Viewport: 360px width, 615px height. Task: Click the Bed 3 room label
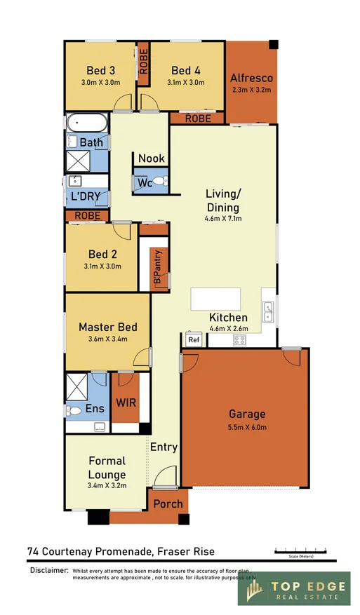(x=101, y=70)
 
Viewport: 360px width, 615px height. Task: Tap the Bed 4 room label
(x=185, y=70)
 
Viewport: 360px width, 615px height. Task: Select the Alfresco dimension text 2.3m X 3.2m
(x=251, y=90)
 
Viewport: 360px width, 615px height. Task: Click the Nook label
(x=151, y=158)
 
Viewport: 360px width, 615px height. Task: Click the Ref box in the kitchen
(x=194, y=340)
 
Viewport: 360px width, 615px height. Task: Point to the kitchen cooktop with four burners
(x=239, y=340)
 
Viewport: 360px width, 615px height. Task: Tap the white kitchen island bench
(x=215, y=298)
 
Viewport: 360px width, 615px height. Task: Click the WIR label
(x=126, y=403)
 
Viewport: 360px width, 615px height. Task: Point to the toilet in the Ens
(x=72, y=410)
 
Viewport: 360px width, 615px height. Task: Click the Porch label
(x=168, y=504)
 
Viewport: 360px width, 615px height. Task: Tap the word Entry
(x=164, y=447)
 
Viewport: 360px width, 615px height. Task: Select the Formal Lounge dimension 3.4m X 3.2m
(x=107, y=485)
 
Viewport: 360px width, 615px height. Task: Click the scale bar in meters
(x=300, y=549)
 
